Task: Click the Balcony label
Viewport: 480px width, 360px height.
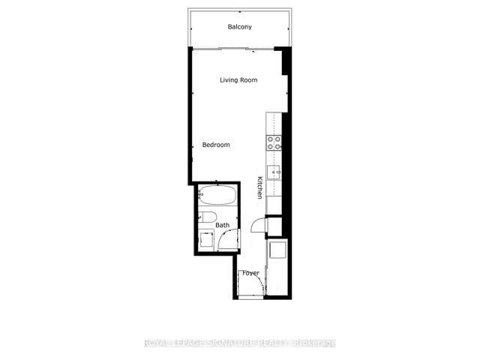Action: point(240,27)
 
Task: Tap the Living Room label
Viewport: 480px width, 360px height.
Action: point(238,80)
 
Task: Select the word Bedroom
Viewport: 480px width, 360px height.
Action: point(216,145)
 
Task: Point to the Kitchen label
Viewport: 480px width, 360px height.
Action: point(260,187)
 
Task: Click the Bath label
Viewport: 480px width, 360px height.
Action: point(222,225)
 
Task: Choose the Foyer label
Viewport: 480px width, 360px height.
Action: point(250,273)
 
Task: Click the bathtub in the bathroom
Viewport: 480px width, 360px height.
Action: point(217,195)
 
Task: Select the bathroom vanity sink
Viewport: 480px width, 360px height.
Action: point(206,240)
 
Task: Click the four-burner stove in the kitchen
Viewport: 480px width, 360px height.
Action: point(274,143)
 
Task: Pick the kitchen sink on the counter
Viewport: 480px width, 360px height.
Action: point(273,172)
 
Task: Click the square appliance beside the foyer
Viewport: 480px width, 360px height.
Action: point(277,250)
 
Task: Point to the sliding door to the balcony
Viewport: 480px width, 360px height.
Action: point(233,49)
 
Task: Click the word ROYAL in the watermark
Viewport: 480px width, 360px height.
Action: point(155,343)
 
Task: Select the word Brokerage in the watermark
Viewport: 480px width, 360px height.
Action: point(314,343)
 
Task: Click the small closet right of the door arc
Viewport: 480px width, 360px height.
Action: point(274,226)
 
